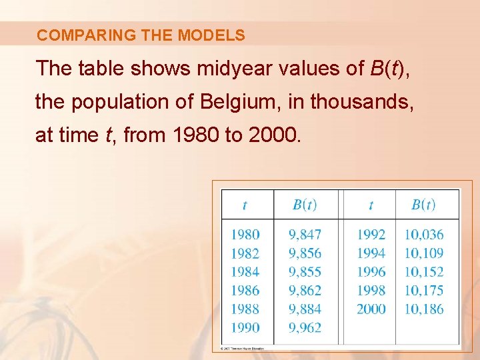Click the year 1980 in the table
245,235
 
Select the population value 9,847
305,235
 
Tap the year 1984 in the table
245,272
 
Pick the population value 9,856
305,253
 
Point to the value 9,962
305,327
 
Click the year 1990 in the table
245,327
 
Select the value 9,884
305,309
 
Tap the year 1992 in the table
371,235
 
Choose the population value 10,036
423,235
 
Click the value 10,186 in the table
423,309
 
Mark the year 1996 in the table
371,272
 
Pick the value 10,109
423,253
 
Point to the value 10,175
423,291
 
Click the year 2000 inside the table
371,309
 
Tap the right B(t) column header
423,205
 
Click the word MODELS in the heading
212,35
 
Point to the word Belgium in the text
241,102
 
